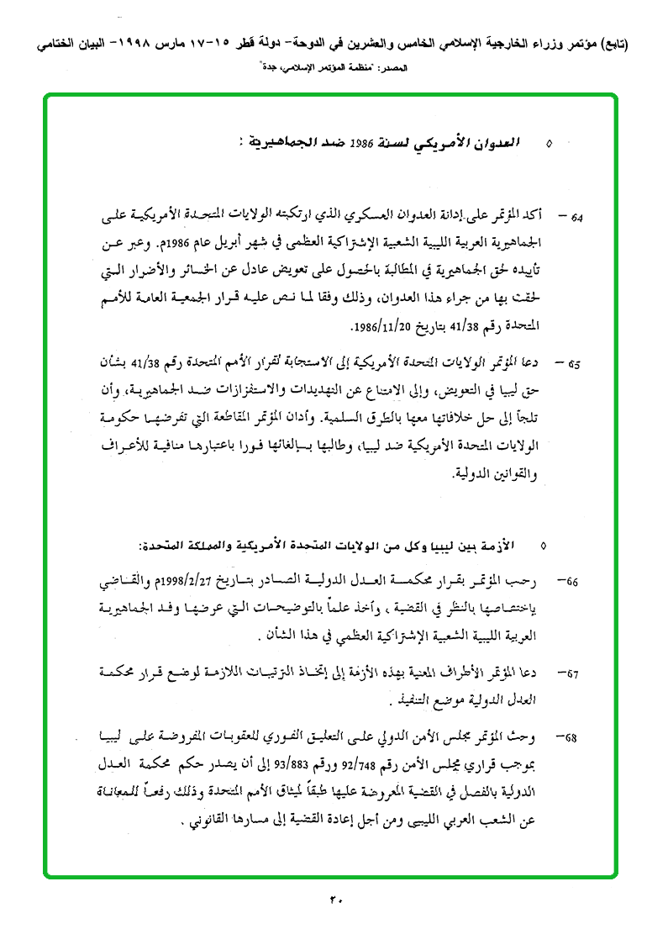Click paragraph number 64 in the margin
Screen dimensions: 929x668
pyautogui.click(x=578, y=218)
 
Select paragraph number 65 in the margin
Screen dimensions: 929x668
pyautogui.click(x=575, y=365)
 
